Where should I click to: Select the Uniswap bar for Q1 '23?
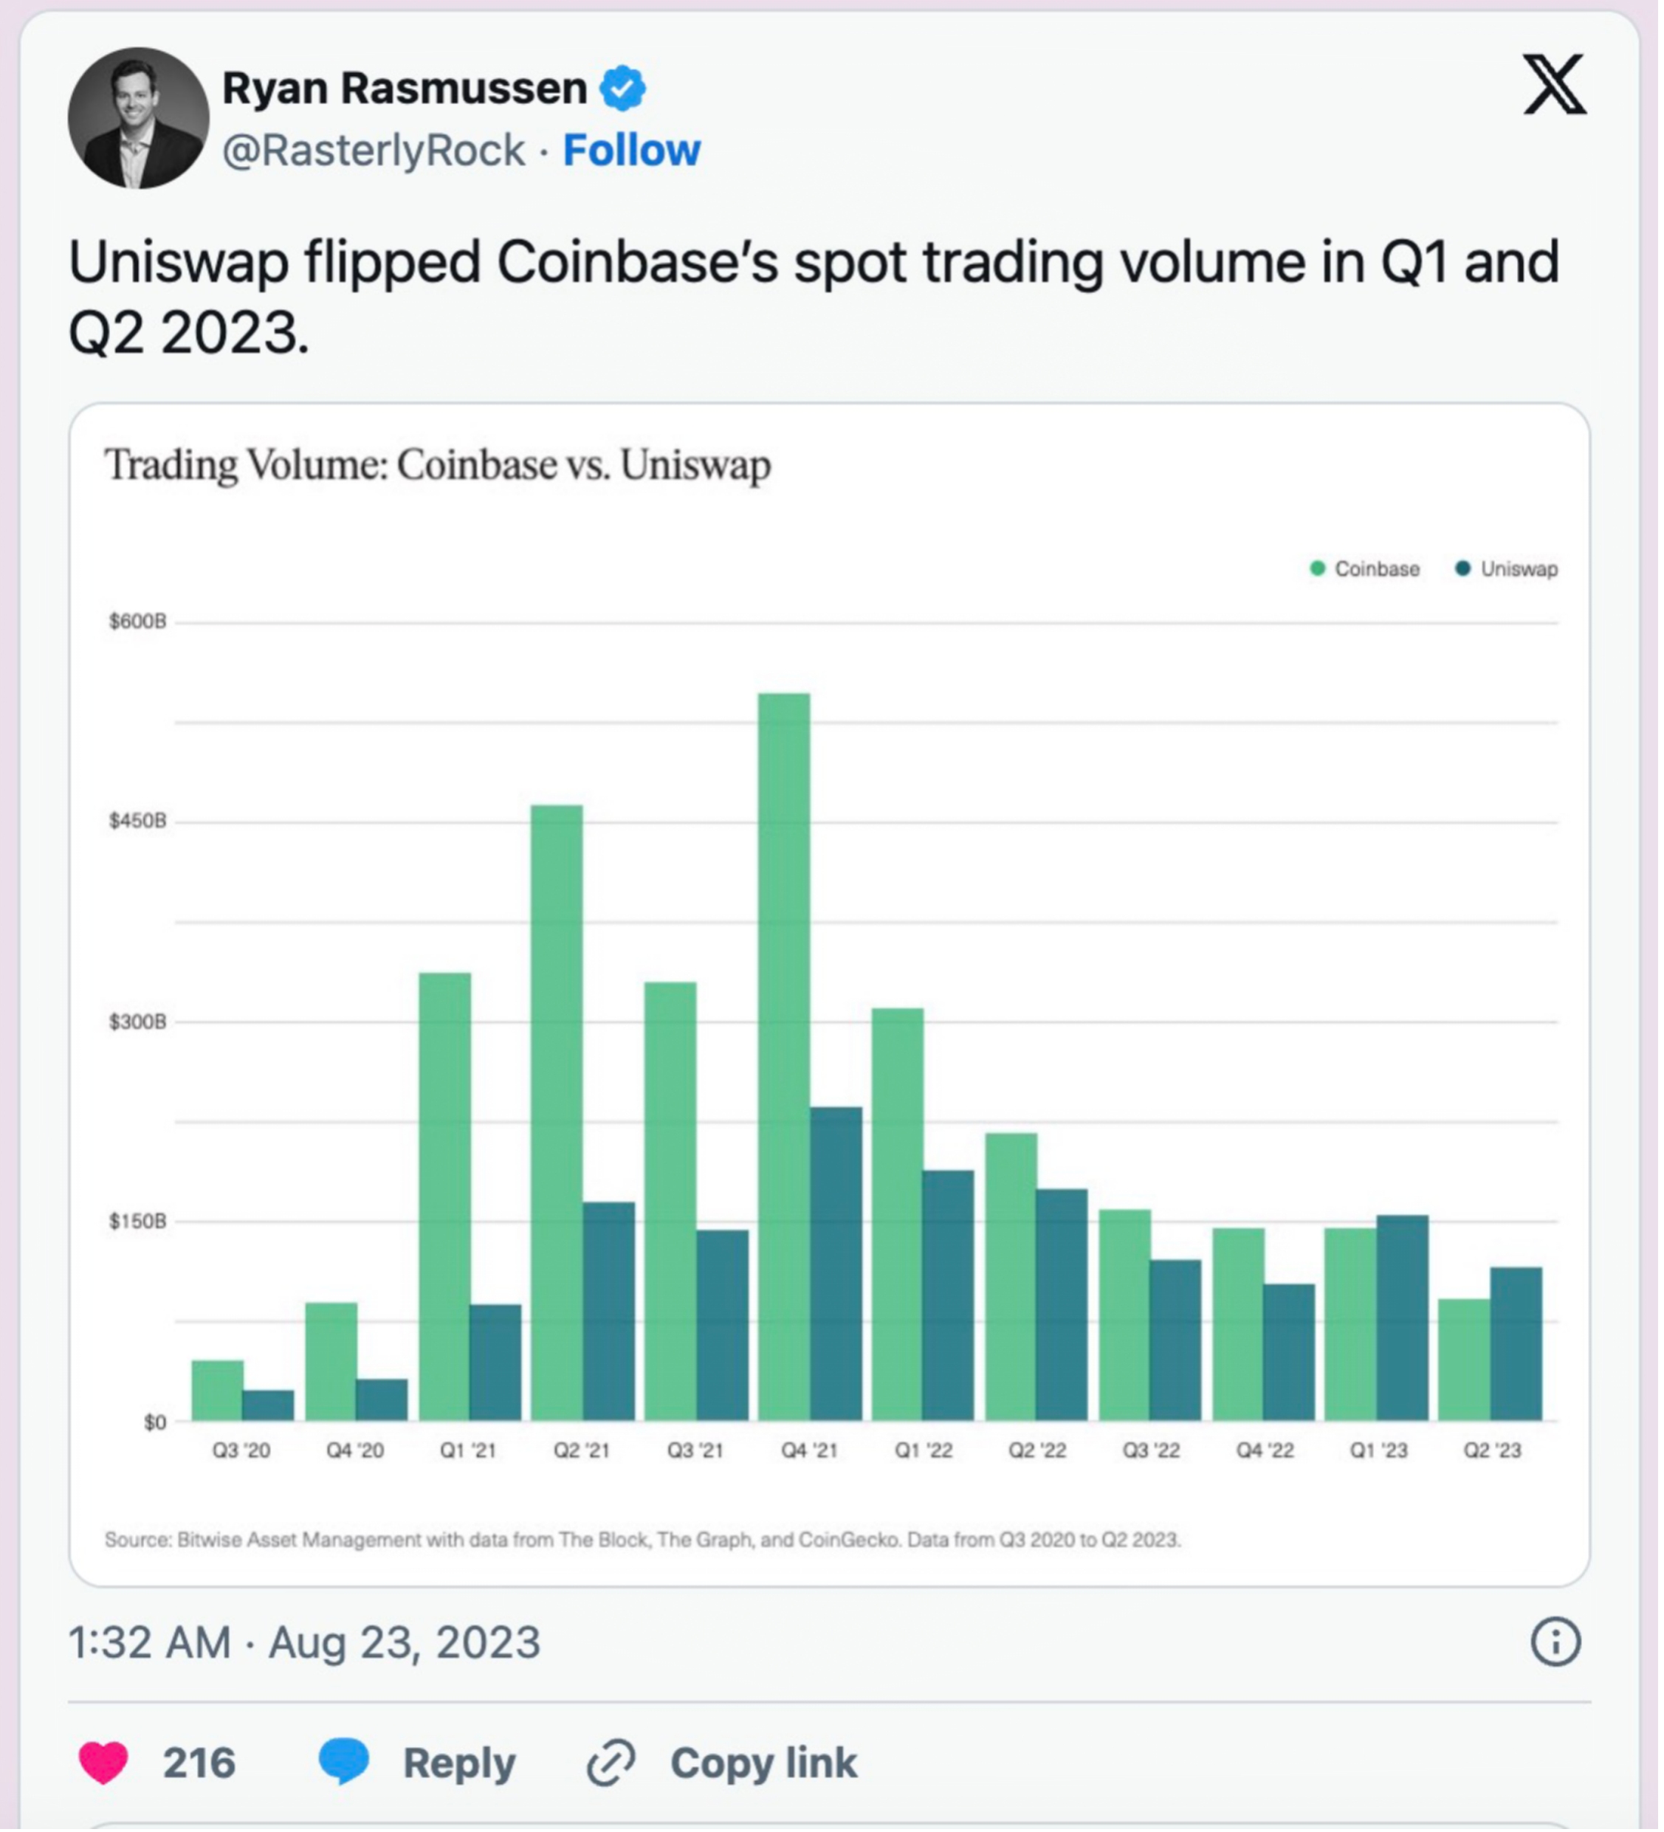coord(1402,1318)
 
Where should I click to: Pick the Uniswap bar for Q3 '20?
coord(268,1406)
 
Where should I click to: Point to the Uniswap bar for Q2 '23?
coord(1516,1344)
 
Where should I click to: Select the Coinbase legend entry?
coord(1365,569)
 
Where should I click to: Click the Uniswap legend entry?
coord(1507,569)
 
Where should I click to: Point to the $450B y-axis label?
coord(138,822)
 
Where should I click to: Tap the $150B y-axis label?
coord(138,1222)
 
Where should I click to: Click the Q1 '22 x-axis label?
coord(924,1450)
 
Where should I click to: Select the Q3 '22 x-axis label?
coord(1150,1450)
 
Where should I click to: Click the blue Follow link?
coord(632,150)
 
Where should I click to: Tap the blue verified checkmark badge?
coord(623,88)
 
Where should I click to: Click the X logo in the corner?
coord(1555,84)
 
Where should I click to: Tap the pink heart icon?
coord(103,1763)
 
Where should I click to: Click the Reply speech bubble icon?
coord(343,1761)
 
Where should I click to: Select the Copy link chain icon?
coord(611,1763)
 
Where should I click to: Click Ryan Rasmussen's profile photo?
coord(138,118)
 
